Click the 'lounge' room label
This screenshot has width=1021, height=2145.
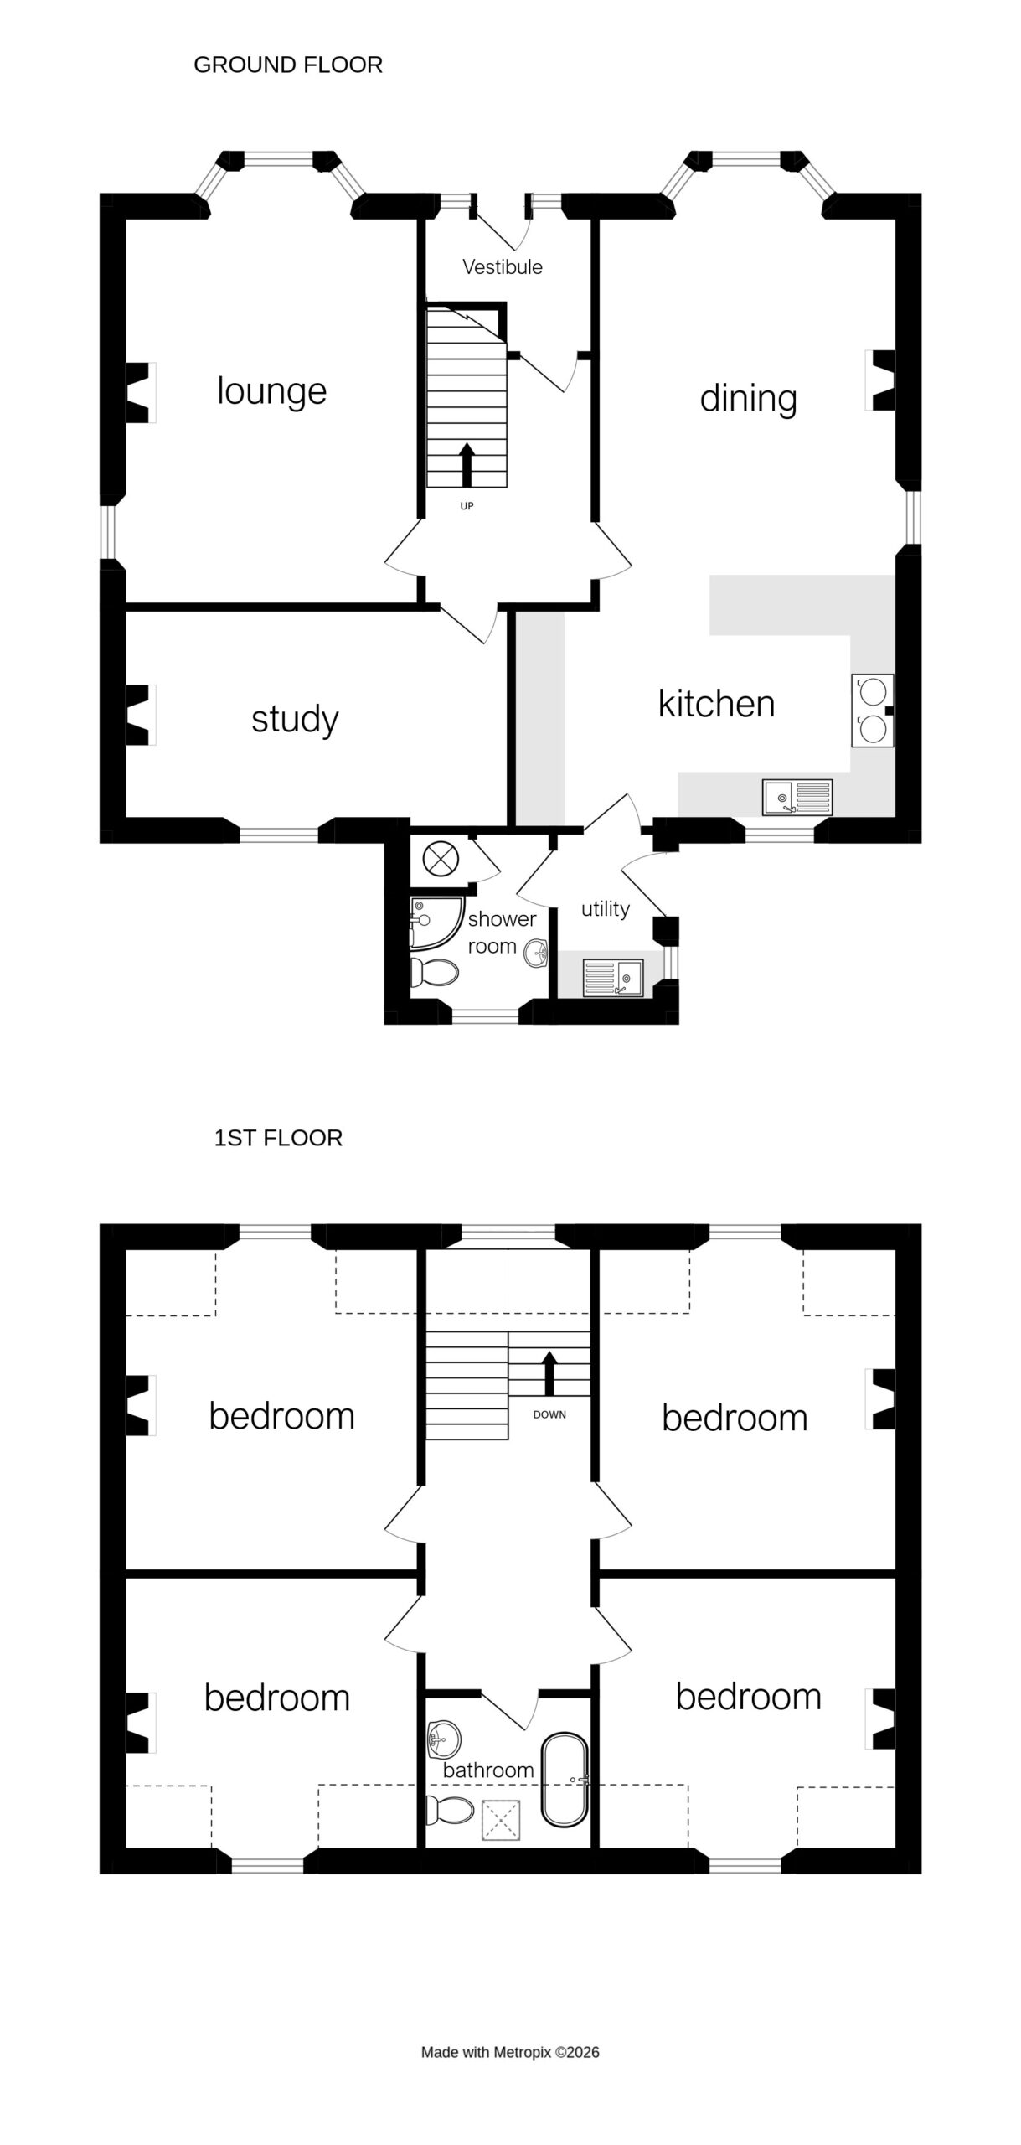[x=271, y=391]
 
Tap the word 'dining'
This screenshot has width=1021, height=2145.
[x=748, y=399]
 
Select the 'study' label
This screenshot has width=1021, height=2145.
[x=295, y=719]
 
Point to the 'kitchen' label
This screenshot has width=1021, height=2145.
[x=716, y=704]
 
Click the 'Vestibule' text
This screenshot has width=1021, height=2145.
[x=503, y=267]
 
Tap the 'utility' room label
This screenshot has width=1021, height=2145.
[x=605, y=909]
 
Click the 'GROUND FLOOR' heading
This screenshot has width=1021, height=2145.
[x=288, y=65]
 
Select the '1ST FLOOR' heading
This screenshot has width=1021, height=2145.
[x=278, y=1138]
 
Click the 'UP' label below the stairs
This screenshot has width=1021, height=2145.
[x=467, y=506]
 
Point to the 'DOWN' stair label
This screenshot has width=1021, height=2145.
[x=549, y=1415]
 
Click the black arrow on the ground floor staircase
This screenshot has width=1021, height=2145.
[x=467, y=465]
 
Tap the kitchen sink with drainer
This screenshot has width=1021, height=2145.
[x=797, y=797]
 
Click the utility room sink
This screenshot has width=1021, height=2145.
[x=613, y=978]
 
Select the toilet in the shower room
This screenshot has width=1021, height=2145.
[x=434, y=974]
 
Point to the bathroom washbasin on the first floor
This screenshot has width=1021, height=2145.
[x=443, y=1740]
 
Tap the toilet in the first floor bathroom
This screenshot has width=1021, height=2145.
[x=449, y=1810]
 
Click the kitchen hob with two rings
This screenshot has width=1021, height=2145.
[x=872, y=711]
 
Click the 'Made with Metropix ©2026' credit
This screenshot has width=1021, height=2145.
[x=510, y=2052]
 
